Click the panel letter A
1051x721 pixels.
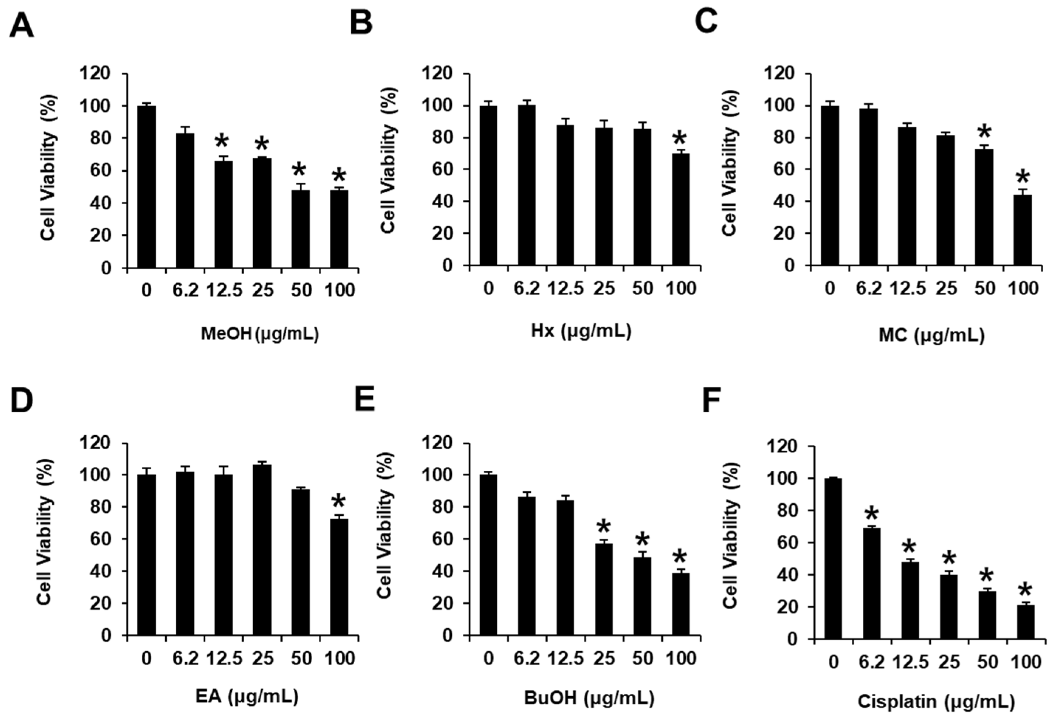point(21,26)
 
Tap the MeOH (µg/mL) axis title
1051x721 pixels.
point(259,334)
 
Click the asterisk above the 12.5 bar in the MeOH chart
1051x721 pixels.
point(221,141)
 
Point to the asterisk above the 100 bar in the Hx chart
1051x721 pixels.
point(680,138)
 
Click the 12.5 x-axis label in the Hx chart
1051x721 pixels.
point(566,288)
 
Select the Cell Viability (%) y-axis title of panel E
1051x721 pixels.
point(385,525)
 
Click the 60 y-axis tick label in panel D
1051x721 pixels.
point(100,539)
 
